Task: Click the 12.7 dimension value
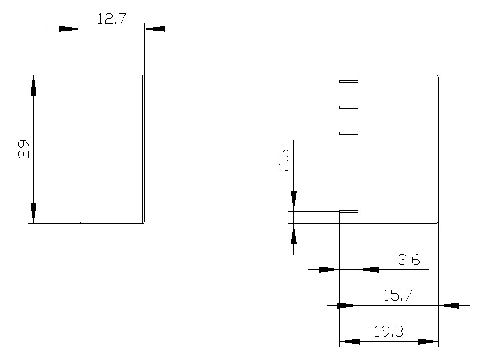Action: pos(112,19)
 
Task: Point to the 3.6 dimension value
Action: pos(409,260)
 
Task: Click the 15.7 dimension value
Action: pos(397,296)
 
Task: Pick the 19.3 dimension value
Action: pos(388,332)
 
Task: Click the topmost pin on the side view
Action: pos(349,82)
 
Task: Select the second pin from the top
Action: pos(349,108)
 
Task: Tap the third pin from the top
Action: pos(349,133)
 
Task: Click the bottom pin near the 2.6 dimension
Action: pos(349,211)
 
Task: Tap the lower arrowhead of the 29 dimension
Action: pos(33,213)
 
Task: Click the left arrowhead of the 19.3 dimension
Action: pos(350,341)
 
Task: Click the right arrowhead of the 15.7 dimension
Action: pos(448,305)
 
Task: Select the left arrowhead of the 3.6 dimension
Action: pos(329,269)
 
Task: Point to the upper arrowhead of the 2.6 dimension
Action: pos(294,201)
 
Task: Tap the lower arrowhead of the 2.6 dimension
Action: pos(294,234)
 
